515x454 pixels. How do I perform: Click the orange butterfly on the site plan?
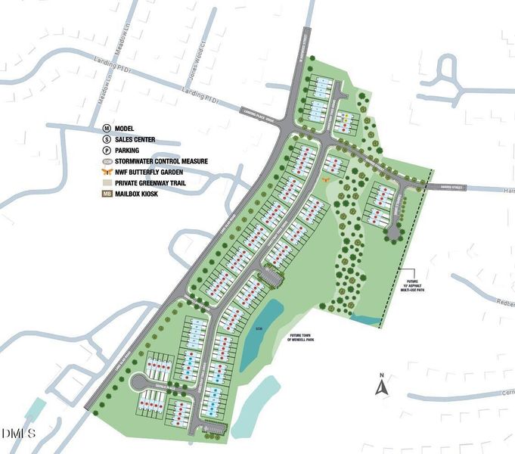point(326,180)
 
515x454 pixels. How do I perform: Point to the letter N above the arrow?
point(383,376)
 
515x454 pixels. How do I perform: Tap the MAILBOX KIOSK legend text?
point(146,193)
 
